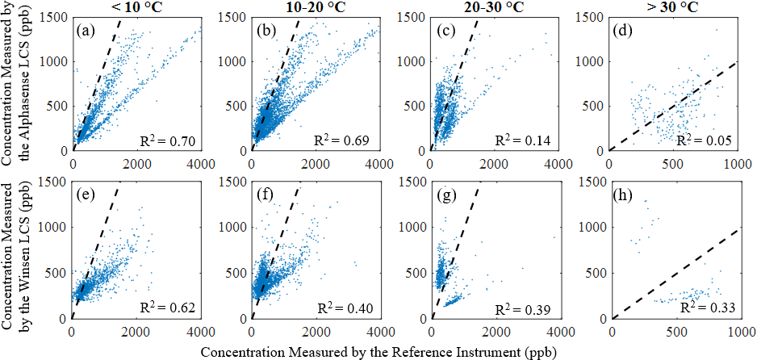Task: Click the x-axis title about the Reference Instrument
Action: click(x=378, y=352)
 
